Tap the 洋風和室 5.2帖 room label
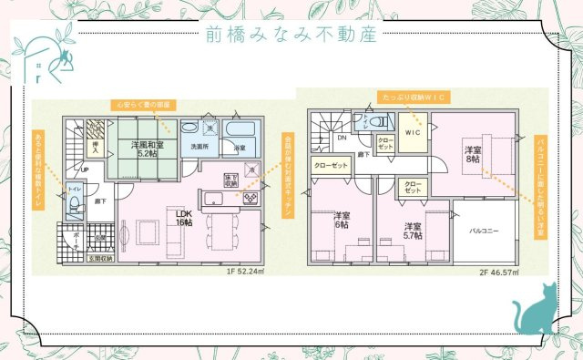click(x=147, y=149)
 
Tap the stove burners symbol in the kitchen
click(x=250, y=195)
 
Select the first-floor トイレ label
click(x=74, y=188)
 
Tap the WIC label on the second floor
click(x=412, y=132)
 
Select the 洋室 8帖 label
click(x=472, y=154)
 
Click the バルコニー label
click(x=485, y=232)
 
